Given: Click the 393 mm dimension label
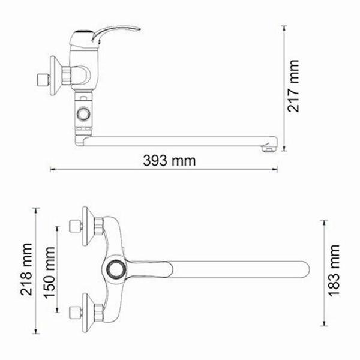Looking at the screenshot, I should coord(169,161).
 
